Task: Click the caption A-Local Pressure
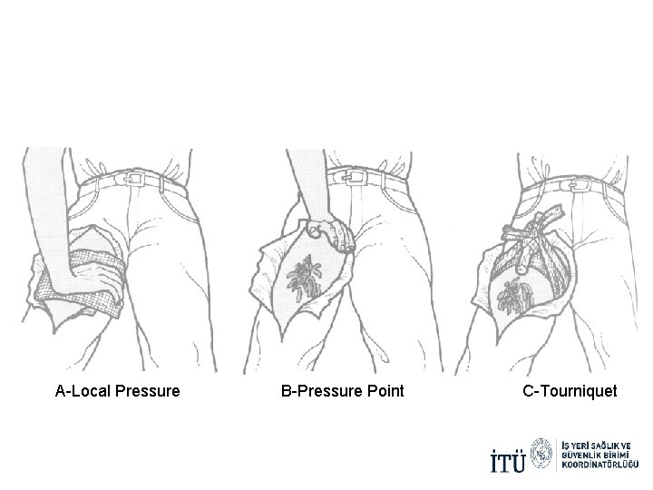tap(117, 392)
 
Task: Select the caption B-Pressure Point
tap(342, 392)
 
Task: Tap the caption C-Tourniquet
tap(570, 392)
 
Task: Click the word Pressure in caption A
tap(146, 392)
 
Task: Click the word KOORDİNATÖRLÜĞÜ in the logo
tap(600, 465)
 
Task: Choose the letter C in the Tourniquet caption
tap(528, 392)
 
